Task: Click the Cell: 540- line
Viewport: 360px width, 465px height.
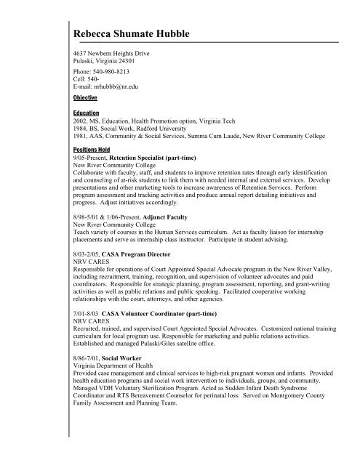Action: pos(89,79)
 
